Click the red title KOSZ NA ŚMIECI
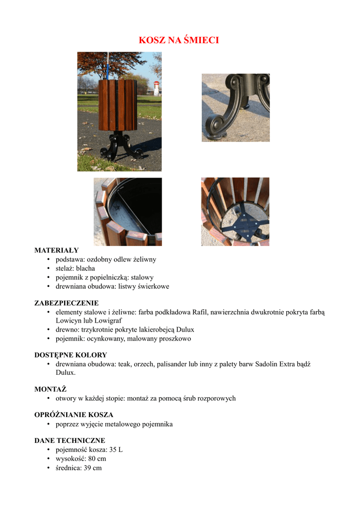tap(179, 40)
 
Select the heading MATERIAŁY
tap(56, 251)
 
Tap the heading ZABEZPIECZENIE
tap(66, 303)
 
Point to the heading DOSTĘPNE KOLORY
tap(70, 355)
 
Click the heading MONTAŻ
tap(50, 389)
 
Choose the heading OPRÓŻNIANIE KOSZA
tap(74, 415)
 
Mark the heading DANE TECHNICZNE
tap(70, 440)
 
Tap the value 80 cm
tap(97, 458)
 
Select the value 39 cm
tap(93, 468)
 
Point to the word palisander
tap(172, 364)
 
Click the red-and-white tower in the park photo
tap(156, 88)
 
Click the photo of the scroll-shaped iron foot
tap(235, 107)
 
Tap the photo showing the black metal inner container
tap(128, 212)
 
